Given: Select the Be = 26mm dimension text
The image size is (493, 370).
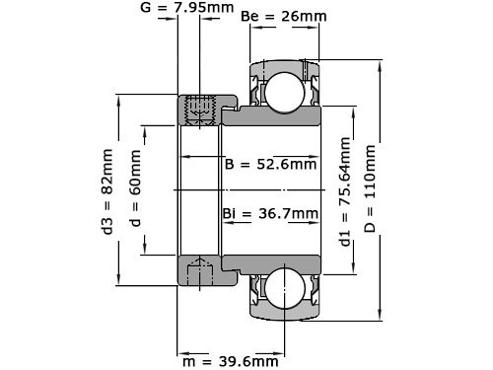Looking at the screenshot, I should point(284,18).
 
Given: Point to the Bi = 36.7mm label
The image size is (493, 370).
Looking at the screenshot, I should point(270,213).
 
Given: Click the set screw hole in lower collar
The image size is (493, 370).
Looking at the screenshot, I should point(201,267).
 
